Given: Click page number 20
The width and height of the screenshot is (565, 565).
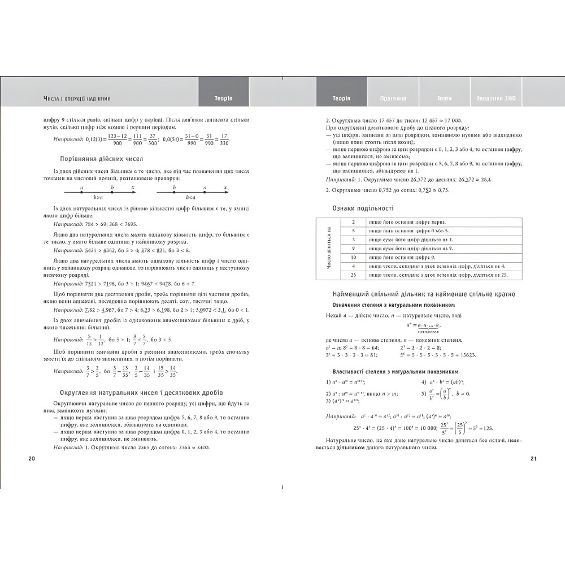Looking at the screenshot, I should click(32, 458).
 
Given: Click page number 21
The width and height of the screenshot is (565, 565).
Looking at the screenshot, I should click(533, 458).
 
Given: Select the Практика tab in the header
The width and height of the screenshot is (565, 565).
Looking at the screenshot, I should click(393, 98).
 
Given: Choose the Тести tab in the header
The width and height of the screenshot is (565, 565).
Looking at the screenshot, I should click(444, 98).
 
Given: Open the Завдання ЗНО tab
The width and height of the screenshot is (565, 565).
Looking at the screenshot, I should click(496, 98).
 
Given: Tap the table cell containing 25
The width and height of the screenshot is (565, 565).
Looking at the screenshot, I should click(353, 275).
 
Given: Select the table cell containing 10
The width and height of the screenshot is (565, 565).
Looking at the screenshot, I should click(353, 257).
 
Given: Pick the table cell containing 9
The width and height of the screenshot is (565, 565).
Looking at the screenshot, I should click(353, 248).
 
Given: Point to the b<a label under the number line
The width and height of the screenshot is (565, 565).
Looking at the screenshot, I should click(189, 197).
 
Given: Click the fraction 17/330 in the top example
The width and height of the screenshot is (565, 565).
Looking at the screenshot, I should click(225, 139).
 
